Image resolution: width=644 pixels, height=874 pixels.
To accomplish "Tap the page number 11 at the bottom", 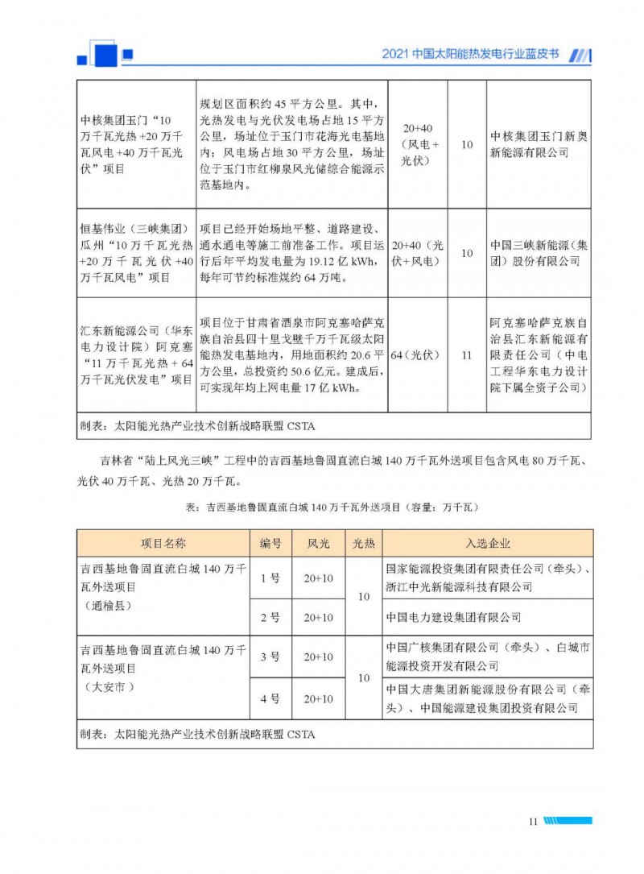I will pos(533,821).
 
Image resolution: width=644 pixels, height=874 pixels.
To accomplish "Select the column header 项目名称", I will pos(163,543).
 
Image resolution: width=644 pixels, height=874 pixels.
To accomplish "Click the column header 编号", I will pos(270,543).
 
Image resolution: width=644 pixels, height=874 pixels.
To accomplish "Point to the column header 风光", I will pos(318,543).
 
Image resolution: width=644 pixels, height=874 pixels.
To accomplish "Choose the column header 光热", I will pos(364,543).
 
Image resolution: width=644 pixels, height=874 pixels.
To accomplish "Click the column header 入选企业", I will pos(488,543).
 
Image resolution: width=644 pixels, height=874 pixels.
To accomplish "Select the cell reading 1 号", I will pos(270,578).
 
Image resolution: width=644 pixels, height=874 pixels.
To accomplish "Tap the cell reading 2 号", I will pos(270,618).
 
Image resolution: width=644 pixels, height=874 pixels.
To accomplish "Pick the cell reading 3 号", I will pos(270,657).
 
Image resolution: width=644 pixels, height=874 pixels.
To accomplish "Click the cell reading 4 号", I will pos(270,698).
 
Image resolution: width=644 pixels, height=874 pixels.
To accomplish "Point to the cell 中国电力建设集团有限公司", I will pos(453,618).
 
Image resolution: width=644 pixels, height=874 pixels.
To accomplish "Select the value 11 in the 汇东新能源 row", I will pos(466,354).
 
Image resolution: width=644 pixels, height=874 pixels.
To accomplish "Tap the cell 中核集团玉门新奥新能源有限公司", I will pos(539,144).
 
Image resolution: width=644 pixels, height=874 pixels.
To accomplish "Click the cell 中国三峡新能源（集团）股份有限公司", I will pos(539,252).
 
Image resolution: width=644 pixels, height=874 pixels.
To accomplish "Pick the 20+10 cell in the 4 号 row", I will pos(318,698).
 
